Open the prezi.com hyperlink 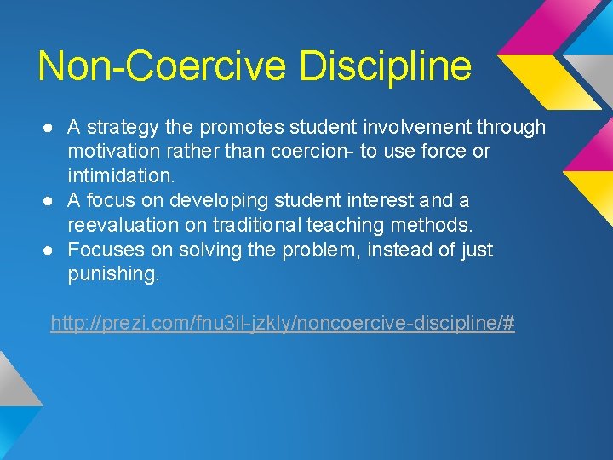click(283, 324)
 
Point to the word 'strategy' click(122, 129)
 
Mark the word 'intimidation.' click(121, 176)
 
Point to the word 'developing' click(211, 202)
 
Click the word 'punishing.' click(113, 275)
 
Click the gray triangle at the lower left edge click(15, 380)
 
